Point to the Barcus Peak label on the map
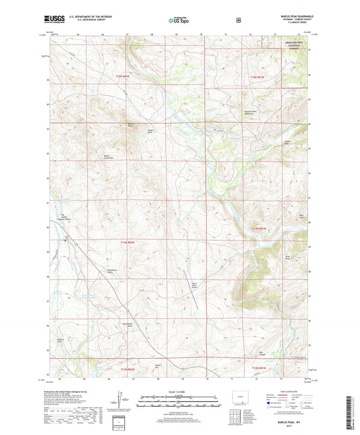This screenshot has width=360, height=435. coord(132,125)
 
